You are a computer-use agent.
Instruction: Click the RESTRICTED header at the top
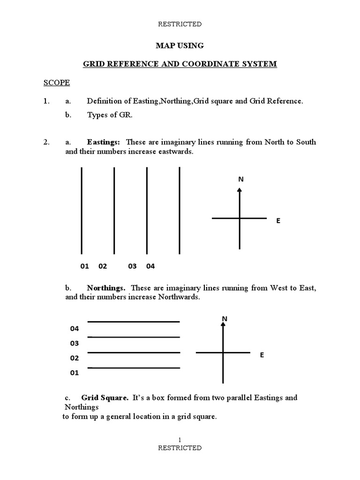point(180,24)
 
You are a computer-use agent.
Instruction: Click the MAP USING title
point(180,45)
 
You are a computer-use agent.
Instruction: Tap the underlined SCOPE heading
point(57,83)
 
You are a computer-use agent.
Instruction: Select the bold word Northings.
point(106,288)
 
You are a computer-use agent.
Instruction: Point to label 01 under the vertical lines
point(84,266)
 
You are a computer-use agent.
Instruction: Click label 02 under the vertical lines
point(103,266)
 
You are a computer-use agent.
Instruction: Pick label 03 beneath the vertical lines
point(132,266)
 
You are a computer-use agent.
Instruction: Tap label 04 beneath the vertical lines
point(150,266)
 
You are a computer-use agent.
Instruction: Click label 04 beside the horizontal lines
point(75,329)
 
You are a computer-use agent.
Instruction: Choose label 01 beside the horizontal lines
point(75,373)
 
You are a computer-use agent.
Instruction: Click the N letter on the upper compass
point(241,179)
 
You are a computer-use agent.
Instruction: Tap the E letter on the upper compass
point(278,220)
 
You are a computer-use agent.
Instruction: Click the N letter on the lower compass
point(225,319)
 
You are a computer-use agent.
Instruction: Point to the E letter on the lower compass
point(262,355)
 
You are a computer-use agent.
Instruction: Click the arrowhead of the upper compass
point(240,189)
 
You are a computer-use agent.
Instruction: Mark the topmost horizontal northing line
point(134,322)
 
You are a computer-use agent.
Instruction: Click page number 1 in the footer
point(180,439)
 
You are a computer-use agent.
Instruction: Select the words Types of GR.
point(110,116)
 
